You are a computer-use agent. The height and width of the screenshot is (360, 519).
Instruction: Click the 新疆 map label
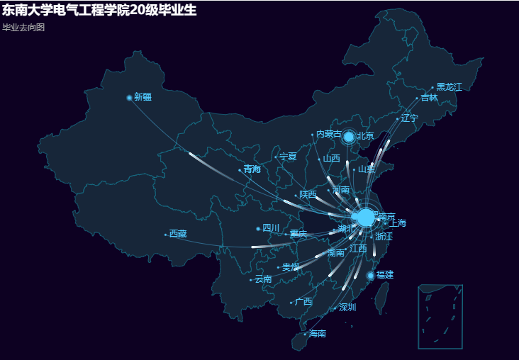point(143,97)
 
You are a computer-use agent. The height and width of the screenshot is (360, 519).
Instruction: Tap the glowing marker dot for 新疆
point(129,98)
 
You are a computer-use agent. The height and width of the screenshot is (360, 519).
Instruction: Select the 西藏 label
point(178,234)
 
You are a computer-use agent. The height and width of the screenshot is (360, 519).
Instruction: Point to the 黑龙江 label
point(449,87)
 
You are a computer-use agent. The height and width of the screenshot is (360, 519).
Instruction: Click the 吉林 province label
point(429,98)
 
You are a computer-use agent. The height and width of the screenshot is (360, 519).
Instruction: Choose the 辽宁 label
point(410,118)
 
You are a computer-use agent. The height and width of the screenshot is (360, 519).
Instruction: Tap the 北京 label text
point(365,135)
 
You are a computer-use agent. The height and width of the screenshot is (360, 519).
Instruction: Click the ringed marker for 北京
point(349,136)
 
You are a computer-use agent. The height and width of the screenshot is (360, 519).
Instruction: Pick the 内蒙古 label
point(329,134)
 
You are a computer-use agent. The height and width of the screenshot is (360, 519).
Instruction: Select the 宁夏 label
point(288,157)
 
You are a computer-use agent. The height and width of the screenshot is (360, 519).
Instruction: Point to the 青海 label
point(252,169)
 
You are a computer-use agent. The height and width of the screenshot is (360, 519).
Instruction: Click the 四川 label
point(271,228)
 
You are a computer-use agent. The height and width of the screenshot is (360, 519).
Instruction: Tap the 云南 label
point(263,279)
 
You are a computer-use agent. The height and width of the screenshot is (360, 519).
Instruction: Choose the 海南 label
point(318,333)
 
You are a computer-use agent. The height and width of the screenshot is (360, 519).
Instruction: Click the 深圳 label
point(347,308)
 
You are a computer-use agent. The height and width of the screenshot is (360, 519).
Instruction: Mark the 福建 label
point(385,274)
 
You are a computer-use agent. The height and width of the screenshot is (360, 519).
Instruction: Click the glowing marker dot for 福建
point(370,275)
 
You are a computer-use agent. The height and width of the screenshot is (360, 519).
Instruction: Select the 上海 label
point(398,223)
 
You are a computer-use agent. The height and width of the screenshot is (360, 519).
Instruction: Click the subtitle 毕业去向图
point(23,27)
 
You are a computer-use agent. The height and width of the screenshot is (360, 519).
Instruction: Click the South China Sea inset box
point(440,316)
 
